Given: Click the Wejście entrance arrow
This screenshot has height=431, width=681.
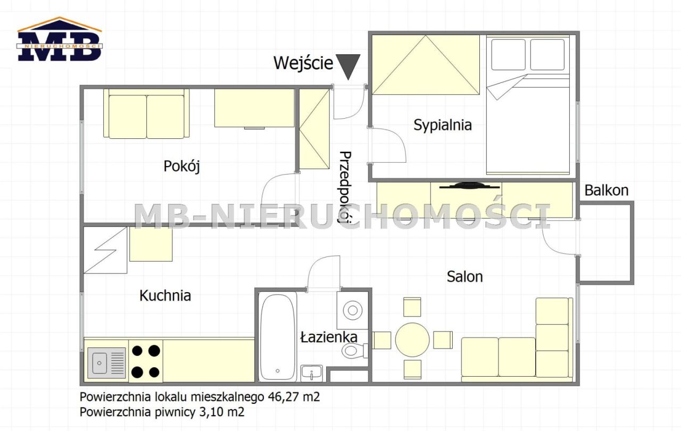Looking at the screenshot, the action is [x=348, y=67].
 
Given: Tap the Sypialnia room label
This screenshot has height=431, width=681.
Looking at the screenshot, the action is [x=443, y=125].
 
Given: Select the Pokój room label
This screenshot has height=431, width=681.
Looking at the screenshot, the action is [x=182, y=166].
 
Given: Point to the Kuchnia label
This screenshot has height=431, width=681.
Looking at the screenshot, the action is [x=165, y=295].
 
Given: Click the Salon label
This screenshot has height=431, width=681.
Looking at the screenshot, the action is [x=465, y=277].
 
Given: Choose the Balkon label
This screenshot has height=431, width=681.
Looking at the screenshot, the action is [x=607, y=190].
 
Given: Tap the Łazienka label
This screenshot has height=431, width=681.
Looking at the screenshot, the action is [x=329, y=337].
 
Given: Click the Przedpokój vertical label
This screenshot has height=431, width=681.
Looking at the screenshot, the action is [x=345, y=187].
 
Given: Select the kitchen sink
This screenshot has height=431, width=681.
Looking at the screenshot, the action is [x=106, y=363].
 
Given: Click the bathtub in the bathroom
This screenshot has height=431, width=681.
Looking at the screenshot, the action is [x=278, y=337].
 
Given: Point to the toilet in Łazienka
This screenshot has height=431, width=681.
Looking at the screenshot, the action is [x=355, y=351].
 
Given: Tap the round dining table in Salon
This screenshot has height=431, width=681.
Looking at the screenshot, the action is [x=412, y=339].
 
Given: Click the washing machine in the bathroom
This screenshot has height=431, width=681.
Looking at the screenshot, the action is [x=352, y=310].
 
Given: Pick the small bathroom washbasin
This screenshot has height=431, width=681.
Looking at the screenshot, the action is [x=312, y=373].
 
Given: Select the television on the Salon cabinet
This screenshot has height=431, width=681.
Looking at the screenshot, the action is [x=469, y=186].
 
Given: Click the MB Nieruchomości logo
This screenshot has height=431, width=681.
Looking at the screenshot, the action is [x=59, y=39].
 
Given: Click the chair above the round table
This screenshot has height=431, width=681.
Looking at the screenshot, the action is [x=412, y=307].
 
